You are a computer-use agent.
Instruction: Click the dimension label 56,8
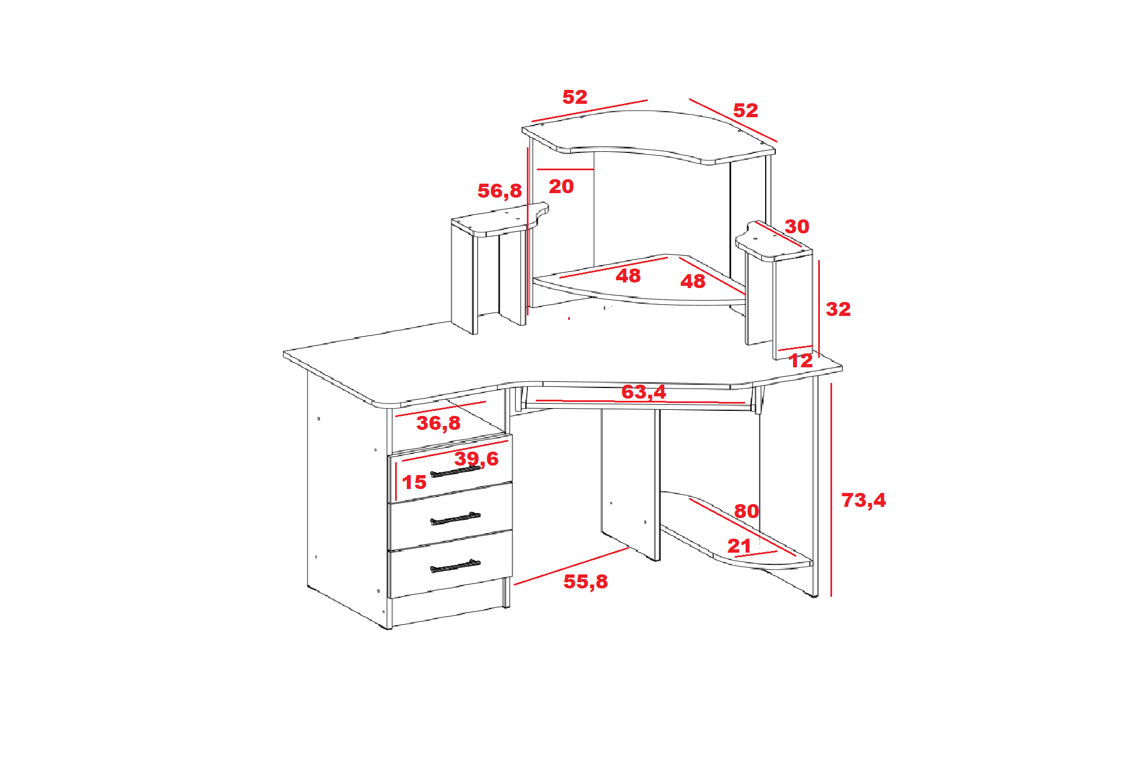pyautogui.click(x=500, y=191)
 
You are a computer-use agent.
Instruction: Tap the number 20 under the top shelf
pyautogui.click(x=561, y=186)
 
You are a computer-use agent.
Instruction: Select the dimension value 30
pyautogui.click(x=797, y=227)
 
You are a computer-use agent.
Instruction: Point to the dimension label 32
pyautogui.click(x=838, y=309)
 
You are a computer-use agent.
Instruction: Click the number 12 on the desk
pyautogui.click(x=801, y=361)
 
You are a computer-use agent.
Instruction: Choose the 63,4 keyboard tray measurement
pyautogui.click(x=643, y=392)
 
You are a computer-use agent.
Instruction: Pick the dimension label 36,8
pyautogui.click(x=439, y=424)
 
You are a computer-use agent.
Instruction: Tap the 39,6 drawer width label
pyautogui.click(x=476, y=459)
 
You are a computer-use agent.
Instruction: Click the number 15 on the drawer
pyautogui.click(x=414, y=482)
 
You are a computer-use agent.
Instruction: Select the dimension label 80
pyautogui.click(x=746, y=511)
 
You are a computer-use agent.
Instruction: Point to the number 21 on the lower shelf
pyautogui.click(x=739, y=546)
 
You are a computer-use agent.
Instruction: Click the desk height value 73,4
pyautogui.click(x=863, y=501)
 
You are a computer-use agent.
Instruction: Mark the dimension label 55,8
pyautogui.click(x=585, y=582)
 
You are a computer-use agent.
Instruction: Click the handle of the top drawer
pyautogui.click(x=455, y=472)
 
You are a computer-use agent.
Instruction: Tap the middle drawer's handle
pyautogui.click(x=455, y=519)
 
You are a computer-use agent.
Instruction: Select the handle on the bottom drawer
pyautogui.click(x=455, y=566)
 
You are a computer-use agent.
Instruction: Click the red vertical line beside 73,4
pyautogui.click(x=831, y=490)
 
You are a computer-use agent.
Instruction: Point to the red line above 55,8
pyautogui.click(x=571, y=566)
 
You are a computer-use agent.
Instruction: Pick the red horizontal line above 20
pyautogui.click(x=565, y=169)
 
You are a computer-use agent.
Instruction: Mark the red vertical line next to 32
pyautogui.click(x=819, y=309)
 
